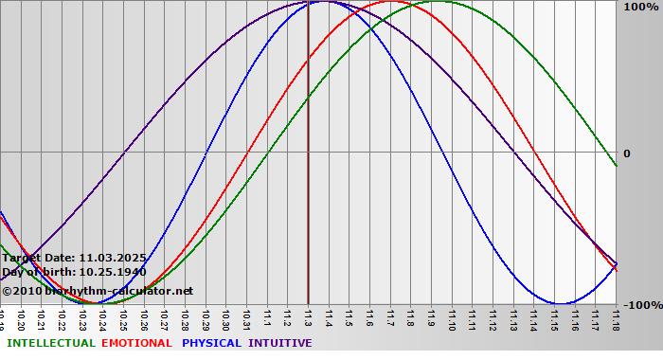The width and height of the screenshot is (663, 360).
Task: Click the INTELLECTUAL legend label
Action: (49, 343)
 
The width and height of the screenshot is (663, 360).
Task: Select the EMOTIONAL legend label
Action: (136, 343)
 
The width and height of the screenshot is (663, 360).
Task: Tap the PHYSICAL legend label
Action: (211, 343)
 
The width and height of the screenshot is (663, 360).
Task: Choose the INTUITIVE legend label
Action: (280, 343)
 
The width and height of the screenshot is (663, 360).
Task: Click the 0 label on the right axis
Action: (626, 153)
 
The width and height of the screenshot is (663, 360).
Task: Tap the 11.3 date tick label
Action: (309, 316)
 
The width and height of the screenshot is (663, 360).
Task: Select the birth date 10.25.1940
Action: (113, 272)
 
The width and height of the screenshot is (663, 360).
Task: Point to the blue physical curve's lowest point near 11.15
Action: (560, 303)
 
